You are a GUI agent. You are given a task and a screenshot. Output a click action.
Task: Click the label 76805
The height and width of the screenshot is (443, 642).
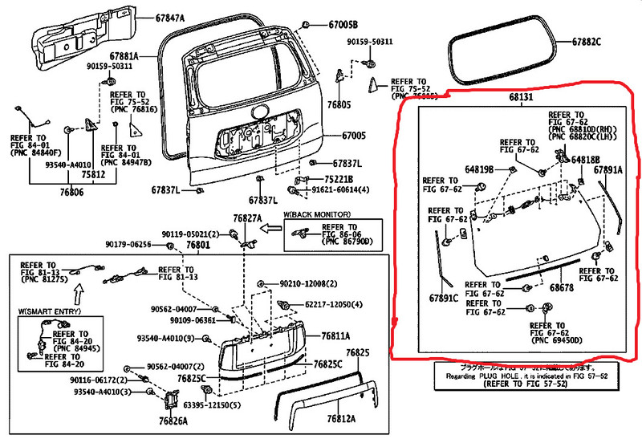tap(339, 105)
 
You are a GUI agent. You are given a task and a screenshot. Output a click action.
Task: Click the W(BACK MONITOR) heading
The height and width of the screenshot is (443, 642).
tap(317, 215)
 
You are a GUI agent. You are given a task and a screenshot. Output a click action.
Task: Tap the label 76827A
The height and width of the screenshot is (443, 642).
tap(247, 218)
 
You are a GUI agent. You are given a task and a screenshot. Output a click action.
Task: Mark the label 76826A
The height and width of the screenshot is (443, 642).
tap(173, 421)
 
